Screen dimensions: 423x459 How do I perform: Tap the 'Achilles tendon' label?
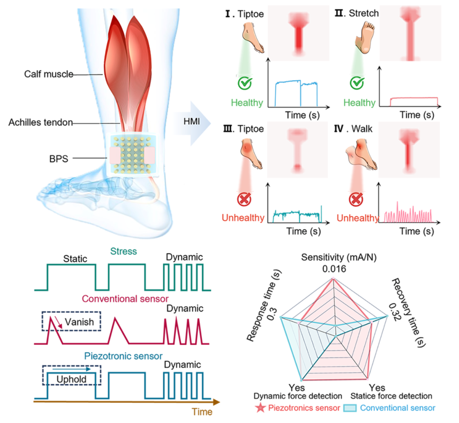[40, 123]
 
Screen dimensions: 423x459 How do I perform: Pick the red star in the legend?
[261, 408]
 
